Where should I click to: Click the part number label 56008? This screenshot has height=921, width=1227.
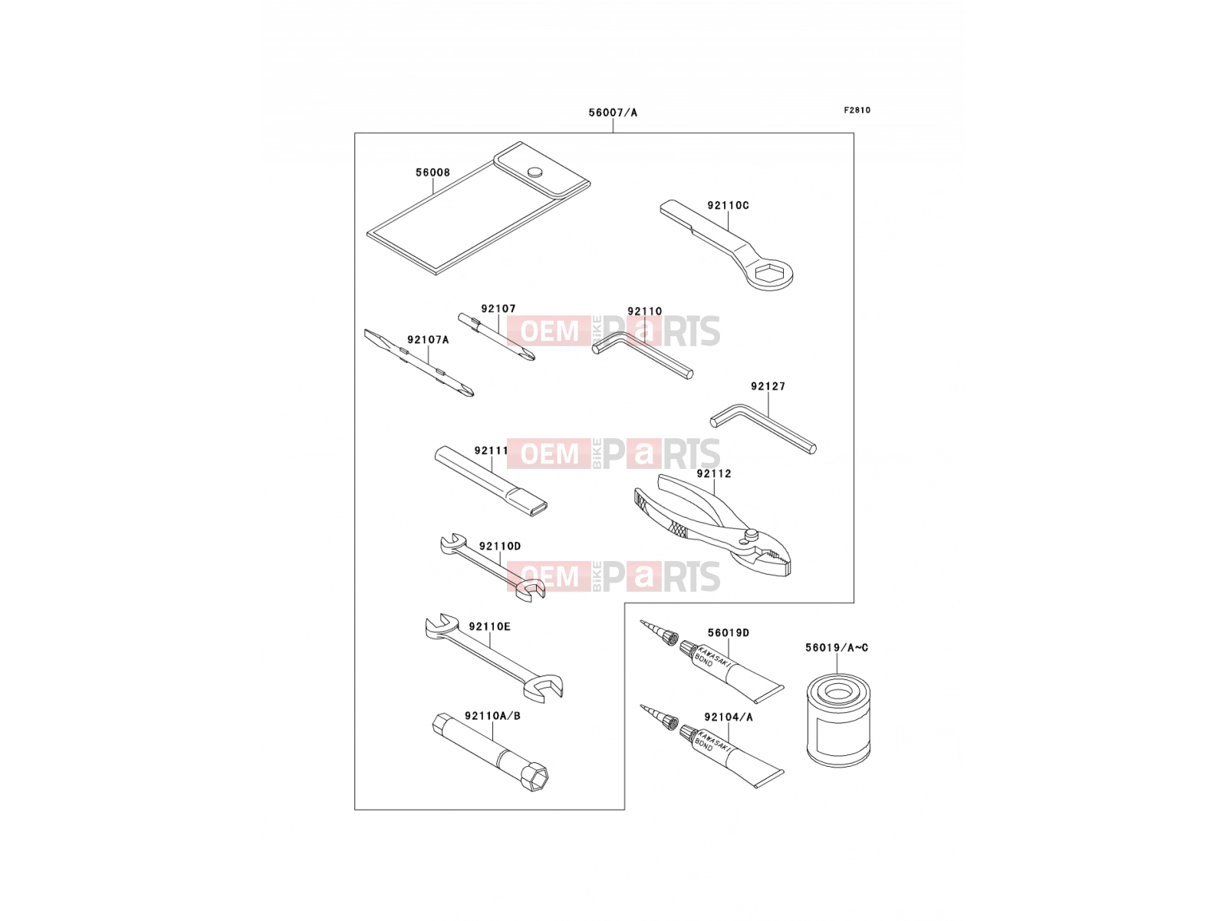(433, 173)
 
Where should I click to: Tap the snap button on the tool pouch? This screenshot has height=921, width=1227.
(536, 172)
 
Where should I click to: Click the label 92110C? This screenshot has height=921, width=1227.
(728, 205)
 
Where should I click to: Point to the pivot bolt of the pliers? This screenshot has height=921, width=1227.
(751, 535)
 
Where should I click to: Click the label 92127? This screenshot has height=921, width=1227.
(768, 386)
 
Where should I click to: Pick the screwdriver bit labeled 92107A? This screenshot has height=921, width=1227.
(419, 363)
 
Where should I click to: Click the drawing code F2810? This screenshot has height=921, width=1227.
(857, 111)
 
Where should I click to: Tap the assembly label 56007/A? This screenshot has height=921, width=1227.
(613, 113)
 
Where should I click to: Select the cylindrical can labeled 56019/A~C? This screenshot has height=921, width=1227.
(838, 720)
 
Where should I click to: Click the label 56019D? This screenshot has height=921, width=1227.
(729, 633)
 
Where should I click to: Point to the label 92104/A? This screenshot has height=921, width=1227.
(729, 717)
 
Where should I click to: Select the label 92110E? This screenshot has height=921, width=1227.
(490, 627)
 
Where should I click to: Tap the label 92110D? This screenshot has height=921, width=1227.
(500, 546)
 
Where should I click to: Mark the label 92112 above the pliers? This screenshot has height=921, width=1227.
(714, 474)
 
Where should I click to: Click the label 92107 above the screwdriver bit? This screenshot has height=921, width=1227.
(498, 309)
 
